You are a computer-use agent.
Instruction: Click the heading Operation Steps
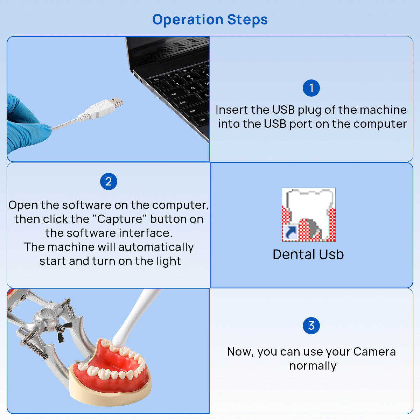coord(210,20)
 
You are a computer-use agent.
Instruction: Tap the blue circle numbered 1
coord(311,88)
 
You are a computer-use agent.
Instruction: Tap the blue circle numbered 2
coord(108,182)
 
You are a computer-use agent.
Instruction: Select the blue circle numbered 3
coord(311,326)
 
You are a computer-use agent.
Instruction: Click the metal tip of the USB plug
coord(116,102)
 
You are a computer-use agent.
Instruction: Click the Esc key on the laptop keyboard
coord(156,79)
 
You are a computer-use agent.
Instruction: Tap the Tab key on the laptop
coord(174,94)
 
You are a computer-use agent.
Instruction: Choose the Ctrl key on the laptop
coord(202,120)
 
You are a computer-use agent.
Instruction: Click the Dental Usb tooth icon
coord(308,215)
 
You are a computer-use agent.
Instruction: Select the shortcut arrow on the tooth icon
coord(290,233)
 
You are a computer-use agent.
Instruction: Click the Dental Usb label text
coord(308,254)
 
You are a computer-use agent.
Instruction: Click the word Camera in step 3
coord(374,352)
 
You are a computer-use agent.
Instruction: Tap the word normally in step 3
coord(313,366)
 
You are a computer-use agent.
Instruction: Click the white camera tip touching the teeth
coord(119,339)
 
